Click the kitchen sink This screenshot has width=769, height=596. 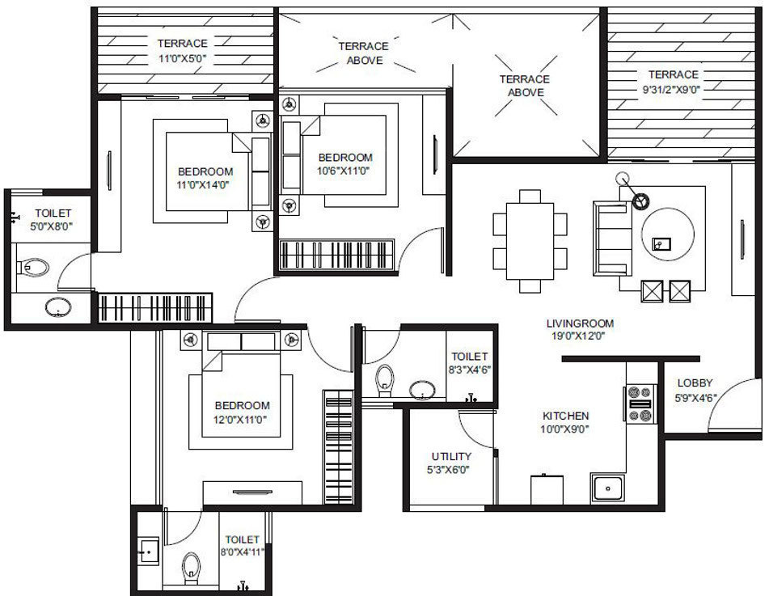tap(606, 487)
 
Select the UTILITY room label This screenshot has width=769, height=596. tap(451, 463)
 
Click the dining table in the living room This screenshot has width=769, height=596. tap(530, 239)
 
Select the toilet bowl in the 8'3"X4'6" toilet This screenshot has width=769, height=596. tap(384, 377)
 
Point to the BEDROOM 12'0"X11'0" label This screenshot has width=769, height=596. tap(242, 412)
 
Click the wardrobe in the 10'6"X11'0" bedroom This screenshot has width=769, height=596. tap(336, 254)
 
